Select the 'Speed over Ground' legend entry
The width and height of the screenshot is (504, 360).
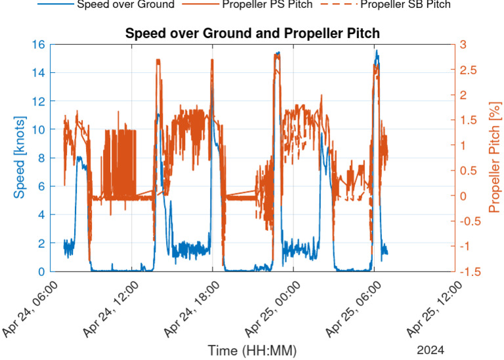[125, 5]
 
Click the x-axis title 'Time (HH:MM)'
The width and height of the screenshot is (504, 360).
[252, 351]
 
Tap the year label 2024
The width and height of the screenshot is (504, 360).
[430, 350]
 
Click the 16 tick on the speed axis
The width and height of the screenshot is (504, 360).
[37, 45]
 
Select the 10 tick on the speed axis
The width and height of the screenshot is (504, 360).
[37, 130]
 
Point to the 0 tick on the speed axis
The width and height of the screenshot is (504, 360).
[41, 271]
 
